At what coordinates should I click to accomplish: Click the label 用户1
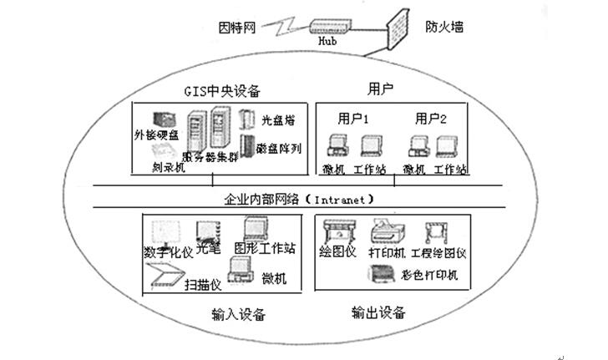[353, 118]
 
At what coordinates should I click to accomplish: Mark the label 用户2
[432, 118]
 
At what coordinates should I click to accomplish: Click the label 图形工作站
[266, 248]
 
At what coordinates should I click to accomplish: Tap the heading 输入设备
[239, 314]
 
